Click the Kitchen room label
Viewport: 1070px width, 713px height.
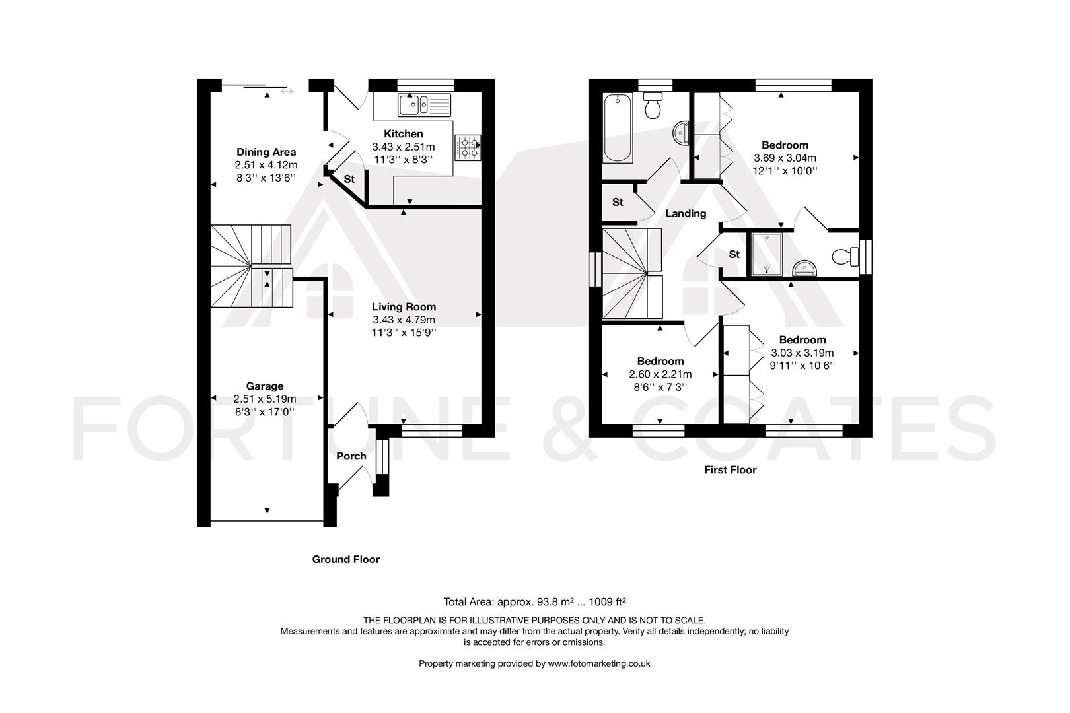(x=403, y=134)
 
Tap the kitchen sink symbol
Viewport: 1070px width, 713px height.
(x=423, y=104)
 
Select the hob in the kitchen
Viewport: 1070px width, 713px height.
(x=468, y=147)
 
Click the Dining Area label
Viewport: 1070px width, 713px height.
(x=266, y=153)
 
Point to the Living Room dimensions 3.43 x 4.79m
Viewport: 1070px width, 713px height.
(x=403, y=320)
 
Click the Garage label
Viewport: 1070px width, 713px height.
(x=264, y=386)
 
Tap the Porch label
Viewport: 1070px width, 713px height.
(x=351, y=456)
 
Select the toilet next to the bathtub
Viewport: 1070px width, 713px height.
(x=653, y=106)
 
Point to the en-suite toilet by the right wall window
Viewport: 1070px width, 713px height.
(x=841, y=255)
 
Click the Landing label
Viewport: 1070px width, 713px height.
(x=685, y=214)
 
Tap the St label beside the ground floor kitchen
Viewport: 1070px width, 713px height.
(x=349, y=180)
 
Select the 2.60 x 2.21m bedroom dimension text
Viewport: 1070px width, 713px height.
(x=660, y=374)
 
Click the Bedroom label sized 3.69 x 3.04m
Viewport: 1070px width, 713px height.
(x=785, y=145)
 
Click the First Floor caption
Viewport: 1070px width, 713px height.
(x=729, y=470)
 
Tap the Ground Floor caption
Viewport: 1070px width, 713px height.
(x=345, y=559)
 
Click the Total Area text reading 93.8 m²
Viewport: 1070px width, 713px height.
(x=534, y=601)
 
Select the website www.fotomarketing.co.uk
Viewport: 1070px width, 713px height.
(x=599, y=663)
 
